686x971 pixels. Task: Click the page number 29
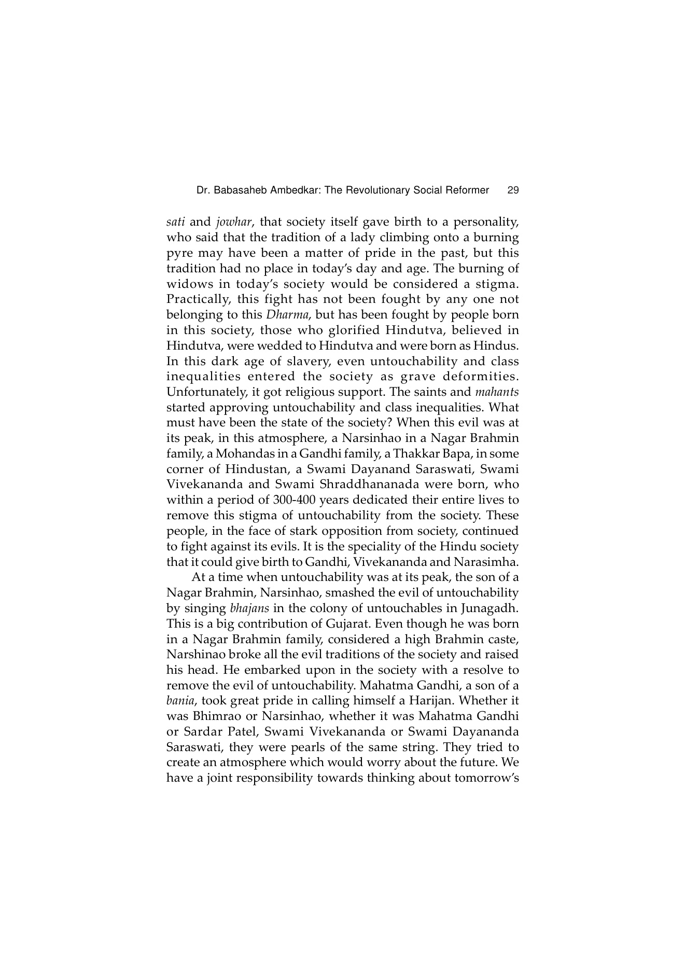click(x=513, y=190)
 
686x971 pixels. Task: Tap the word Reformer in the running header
click(x=467, y=190)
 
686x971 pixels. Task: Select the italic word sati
click(x=176, y=223)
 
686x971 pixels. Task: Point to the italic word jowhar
click(x=233, y=223)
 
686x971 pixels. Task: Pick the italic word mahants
click(x=497, y=392)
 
